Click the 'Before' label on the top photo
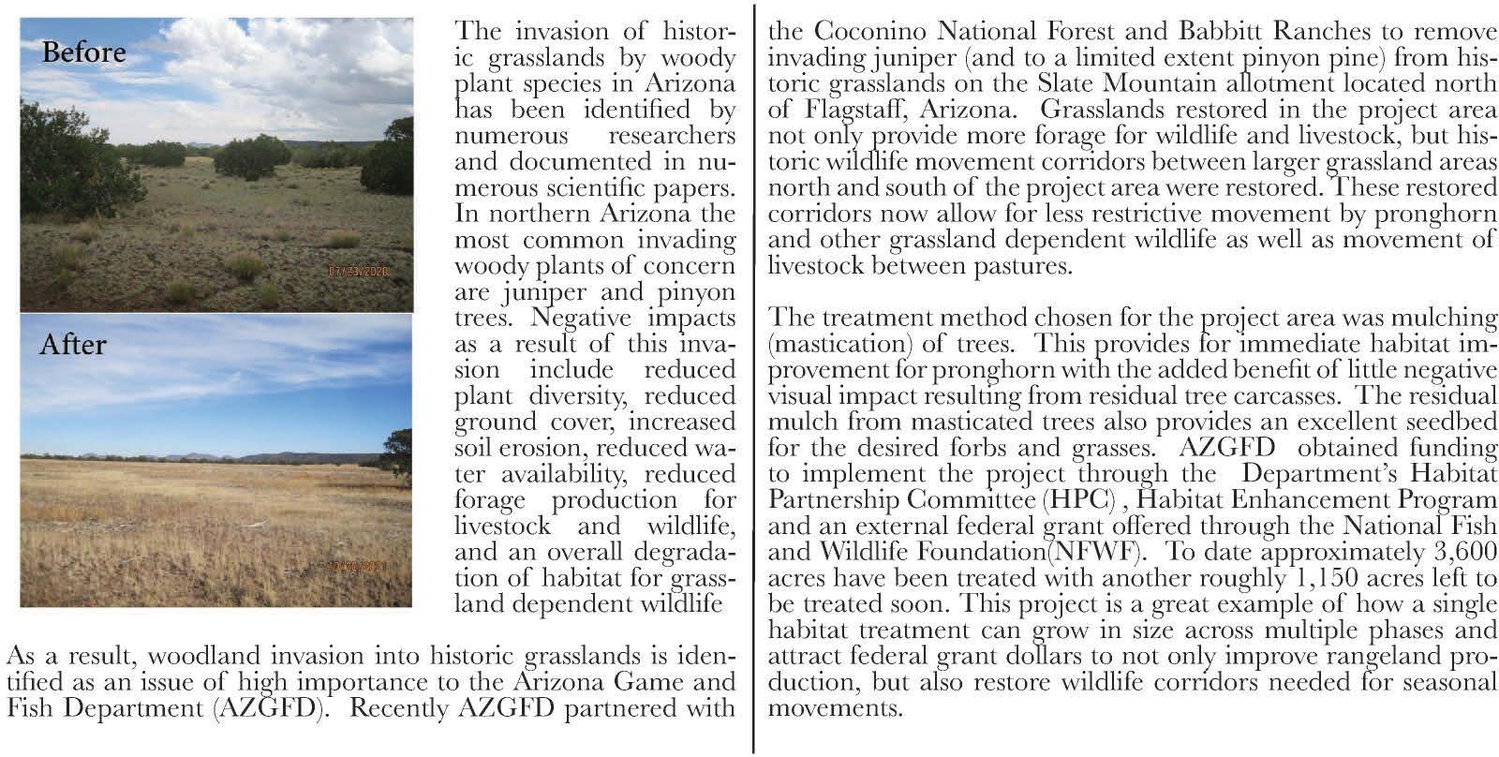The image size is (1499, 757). tap(83, 52)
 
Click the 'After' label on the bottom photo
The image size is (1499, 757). tap(72, 345)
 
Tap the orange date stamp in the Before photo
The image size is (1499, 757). tap(357, 272)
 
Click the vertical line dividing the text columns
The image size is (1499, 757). tap(753, 375)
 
